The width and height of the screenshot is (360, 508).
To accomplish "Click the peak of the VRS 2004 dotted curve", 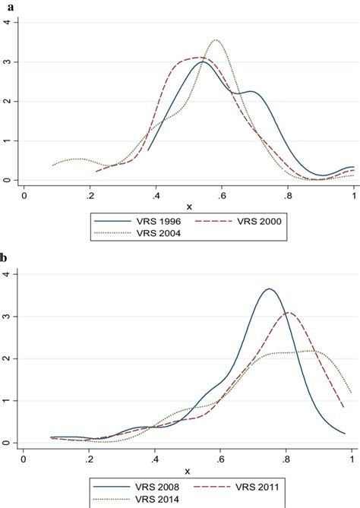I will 216,40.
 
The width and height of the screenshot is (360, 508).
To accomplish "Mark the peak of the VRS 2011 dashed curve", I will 288,312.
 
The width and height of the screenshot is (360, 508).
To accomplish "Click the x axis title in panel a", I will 189,207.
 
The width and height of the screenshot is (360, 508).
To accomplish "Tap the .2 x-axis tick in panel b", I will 90,458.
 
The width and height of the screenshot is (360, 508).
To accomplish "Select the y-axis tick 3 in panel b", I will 7,316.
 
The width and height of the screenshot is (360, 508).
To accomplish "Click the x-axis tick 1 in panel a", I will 354,195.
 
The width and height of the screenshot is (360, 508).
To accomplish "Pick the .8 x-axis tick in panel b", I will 287,458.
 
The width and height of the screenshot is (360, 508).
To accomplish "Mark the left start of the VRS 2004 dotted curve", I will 52,165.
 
